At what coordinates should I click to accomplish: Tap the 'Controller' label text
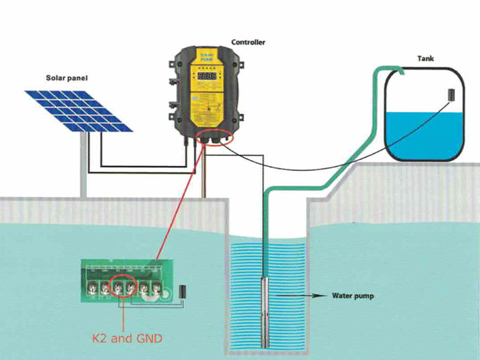point(248,43)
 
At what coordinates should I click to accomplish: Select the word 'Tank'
point(425,59)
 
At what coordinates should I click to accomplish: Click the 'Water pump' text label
point(354,296)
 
